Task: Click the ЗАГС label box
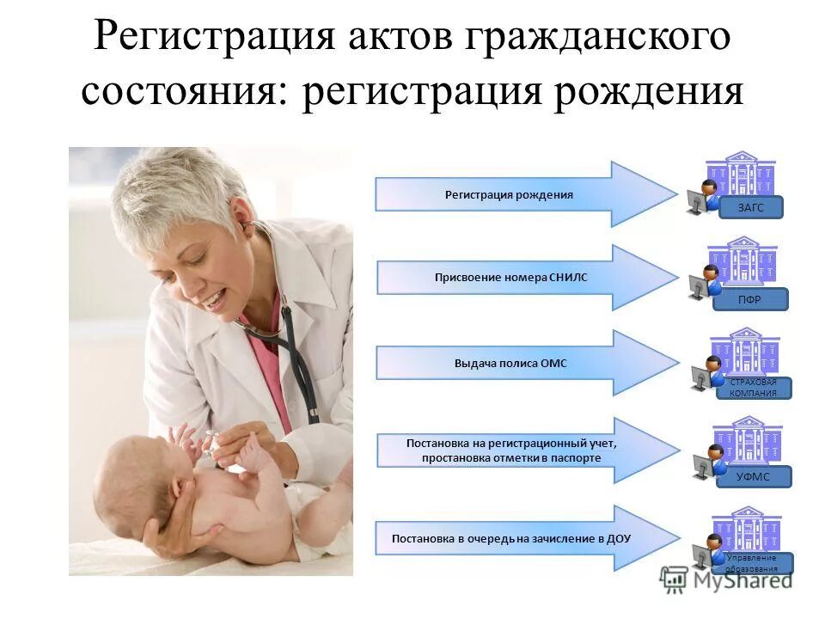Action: (x=749, y=207)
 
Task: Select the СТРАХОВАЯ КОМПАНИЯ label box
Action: (x=753, y=388)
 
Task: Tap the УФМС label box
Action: (x=753, y=477)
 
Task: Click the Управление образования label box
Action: (x=753, y=563)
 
